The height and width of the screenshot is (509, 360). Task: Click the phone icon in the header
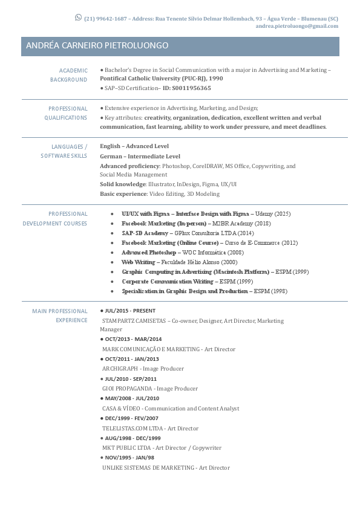pyautogui.click(x=78, y=18)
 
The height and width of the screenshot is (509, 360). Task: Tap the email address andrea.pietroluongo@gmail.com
pyautogui.click(x=296, y=27)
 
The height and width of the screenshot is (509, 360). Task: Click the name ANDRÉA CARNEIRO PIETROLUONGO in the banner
pyautogui.click(x=97, y=46)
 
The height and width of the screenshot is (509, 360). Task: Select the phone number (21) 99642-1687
pyautogui.click(x=105, y=19)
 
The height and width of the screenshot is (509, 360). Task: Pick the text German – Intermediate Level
pyautogui.click(x=140, y=156)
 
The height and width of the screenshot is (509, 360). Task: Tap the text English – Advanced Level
pyautogui.click(x=134, y=146)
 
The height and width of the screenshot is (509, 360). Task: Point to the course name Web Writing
pyautogui.click(x=138, y=262)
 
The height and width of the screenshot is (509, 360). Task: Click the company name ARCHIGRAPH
pyautogui.click(x=120, y=369)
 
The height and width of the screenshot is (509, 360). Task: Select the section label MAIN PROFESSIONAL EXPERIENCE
pyautogui.click(x=60, y=316)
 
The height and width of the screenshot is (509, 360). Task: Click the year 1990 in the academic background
pyautogui.click(x=216, y=79)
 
